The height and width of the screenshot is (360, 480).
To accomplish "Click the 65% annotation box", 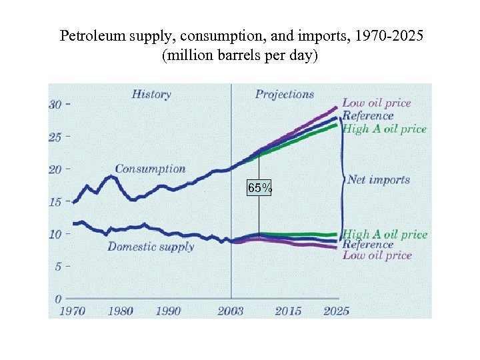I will tap(259, 189).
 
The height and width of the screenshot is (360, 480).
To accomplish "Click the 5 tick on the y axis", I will tap(58, 266).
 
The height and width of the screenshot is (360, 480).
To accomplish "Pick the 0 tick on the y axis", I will tap(59, 299).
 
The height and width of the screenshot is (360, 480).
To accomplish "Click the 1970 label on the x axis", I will tap(72, 311).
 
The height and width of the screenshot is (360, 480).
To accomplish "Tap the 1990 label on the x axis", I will tap(168, 311).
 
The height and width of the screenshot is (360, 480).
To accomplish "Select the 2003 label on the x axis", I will tap(231, 311).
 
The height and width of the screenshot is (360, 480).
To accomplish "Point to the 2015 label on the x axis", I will tap(287, 311).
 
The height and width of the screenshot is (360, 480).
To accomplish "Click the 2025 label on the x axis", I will tap(335, 311).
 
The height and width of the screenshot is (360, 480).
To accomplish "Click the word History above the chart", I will tap(151, 95).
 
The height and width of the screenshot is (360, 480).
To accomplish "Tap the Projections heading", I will tap(285, 95).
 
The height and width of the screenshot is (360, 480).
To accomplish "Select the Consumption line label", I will tap(150, 169).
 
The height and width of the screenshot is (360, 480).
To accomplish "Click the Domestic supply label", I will tap(151, 247).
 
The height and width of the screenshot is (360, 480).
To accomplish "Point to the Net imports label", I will tap(378, 179).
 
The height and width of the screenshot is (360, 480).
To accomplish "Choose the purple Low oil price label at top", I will tap(377, 103).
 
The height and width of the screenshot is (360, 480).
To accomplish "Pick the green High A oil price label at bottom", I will tap(385, 234).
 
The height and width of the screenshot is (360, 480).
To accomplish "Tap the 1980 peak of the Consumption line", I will tap(110, 177).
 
